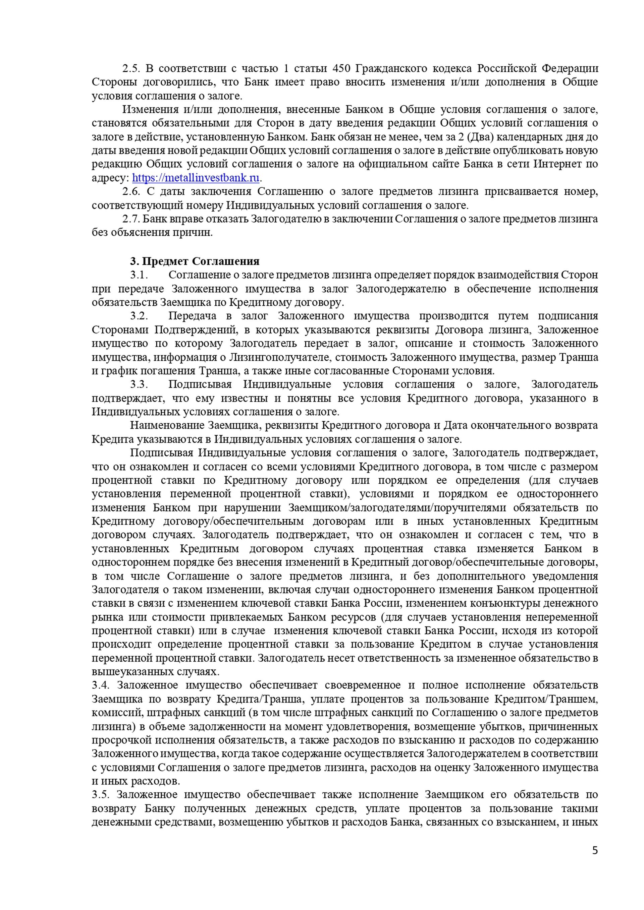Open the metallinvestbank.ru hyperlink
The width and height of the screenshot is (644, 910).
click(x=196, y=178)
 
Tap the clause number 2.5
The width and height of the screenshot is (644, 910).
click(x=131, y=69)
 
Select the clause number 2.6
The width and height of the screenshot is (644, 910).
click(x=131, y=192)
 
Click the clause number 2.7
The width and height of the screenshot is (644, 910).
click(x=131, y=219)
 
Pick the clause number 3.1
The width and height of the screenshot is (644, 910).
click(x=139, y=275)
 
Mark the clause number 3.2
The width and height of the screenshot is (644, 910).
click(x=139, y=316)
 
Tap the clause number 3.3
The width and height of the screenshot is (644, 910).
click(x=139, y=384)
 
